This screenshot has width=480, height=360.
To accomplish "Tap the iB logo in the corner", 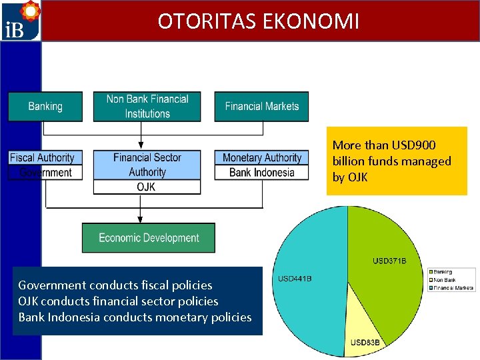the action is [x=20, y=21].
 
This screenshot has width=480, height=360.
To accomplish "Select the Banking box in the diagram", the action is [x=45, y=106].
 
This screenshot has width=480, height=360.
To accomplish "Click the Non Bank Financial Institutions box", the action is [x=147, y=106].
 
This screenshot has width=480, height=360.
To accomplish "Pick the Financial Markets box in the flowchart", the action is [x=261, y=106].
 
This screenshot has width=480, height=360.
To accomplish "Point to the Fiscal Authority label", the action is [x=42, y=158].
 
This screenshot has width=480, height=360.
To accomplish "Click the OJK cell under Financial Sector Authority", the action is [x=147, y=187].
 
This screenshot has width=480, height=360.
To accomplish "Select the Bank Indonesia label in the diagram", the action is [x=261, y=173].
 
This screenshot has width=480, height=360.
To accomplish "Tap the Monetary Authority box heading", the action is [x=261, y=158].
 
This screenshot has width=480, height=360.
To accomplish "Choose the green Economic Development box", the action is [x=149, y=238].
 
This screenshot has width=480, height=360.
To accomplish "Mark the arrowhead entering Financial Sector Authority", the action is [x=139, y=145].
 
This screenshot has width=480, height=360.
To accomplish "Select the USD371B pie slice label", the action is [x=389, y=261].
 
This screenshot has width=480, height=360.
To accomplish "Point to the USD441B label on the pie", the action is [x=295, y=278].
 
